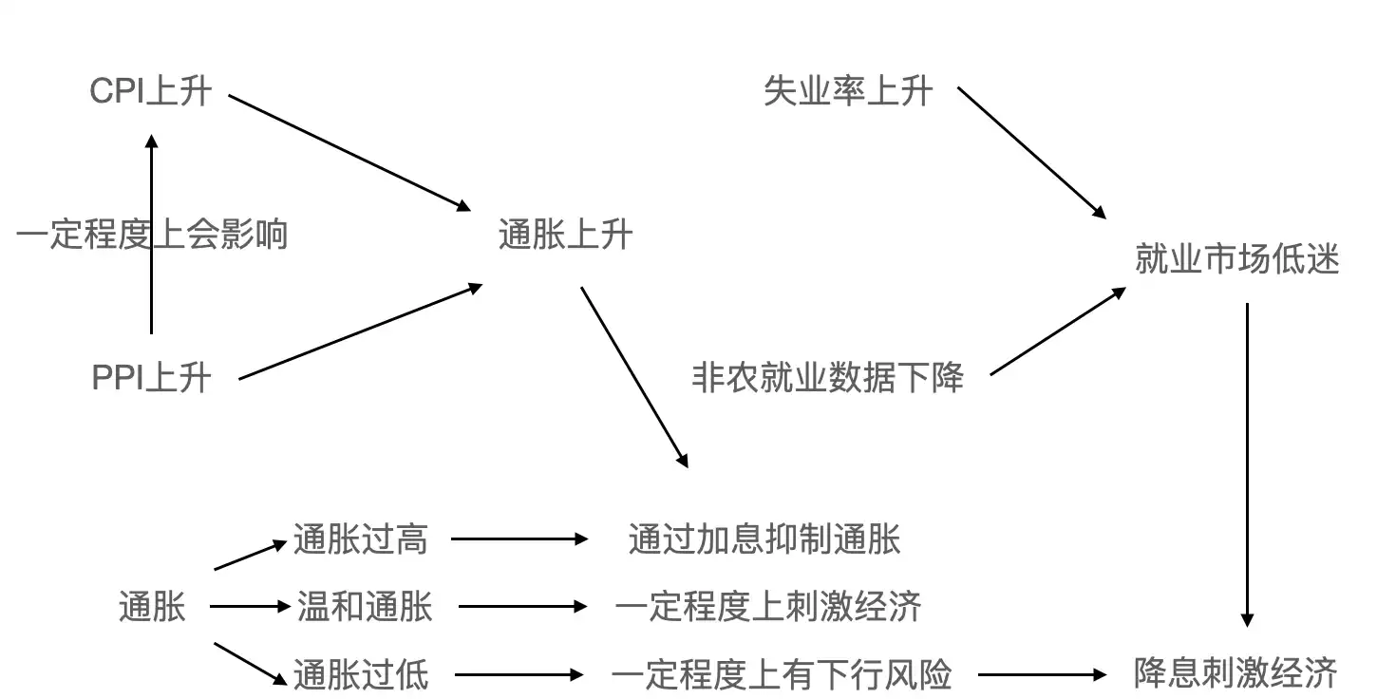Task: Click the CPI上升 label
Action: coord(150,92)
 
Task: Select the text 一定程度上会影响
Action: coord(152,234)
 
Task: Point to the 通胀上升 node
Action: coord(565,235)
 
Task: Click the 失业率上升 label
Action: coord(848,92)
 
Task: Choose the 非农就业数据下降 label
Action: coord(828,378)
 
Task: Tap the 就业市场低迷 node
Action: coord(1236,259)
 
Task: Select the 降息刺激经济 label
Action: coord(1236,673)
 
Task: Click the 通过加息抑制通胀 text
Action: coord(764,539)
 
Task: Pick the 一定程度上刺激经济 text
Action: coord(767,606)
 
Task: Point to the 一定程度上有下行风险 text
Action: coord(781,675)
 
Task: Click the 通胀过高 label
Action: coord(361,539)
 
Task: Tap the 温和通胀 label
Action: coord(365,606)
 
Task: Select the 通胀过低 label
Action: coord(361,675)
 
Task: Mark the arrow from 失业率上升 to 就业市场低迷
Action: coord(1032,153)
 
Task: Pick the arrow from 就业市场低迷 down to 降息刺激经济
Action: coord(1247,465)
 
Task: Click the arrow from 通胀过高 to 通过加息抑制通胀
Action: coord(519,539)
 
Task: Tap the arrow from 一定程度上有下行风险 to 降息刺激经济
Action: coord(1043,675)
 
